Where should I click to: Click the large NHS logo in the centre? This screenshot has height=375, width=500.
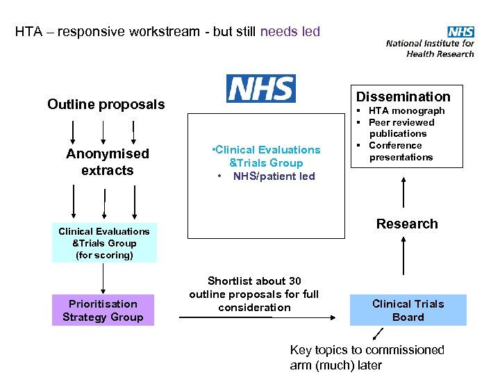[260, 89]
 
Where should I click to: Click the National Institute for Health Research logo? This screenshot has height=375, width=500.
[430, 42]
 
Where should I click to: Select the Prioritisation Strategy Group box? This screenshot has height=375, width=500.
[103, 310]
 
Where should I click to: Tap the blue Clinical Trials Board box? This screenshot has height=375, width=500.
[408, 310]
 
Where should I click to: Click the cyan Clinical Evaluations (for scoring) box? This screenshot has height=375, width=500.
[104, 243]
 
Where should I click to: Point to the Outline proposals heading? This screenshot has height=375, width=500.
[106, 104]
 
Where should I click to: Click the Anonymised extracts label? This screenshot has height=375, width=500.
[107, 162]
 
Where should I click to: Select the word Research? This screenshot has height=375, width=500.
[407, 224]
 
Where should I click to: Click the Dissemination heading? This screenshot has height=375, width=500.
[403, 97]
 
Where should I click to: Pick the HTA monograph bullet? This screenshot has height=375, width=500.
[406, 110]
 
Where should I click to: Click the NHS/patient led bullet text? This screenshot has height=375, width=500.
[274, 176]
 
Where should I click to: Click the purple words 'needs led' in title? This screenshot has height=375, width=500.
[290, 31]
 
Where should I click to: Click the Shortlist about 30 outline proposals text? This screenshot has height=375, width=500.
[253, 294]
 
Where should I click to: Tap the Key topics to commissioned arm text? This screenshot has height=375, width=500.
[367, 358]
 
